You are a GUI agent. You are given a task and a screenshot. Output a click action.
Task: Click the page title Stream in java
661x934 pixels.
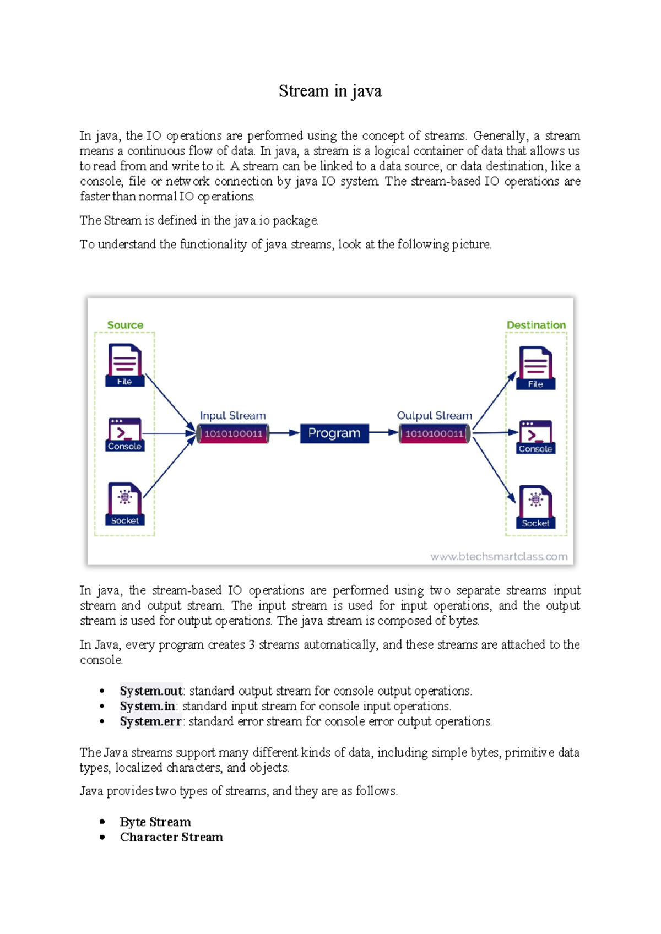pyautogui.click(x=330, y=91)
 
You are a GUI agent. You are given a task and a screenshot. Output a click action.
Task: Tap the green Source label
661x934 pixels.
pyautogui.click(x=125, y=325)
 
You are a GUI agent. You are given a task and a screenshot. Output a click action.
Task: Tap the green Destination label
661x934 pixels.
pyautogui.click(x=536, y=325)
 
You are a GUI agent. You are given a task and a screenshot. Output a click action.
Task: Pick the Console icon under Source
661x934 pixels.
pyautogui.click(x=124, y=434)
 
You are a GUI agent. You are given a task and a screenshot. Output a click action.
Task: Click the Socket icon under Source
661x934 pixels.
pyautogui.click(x=124, y=503)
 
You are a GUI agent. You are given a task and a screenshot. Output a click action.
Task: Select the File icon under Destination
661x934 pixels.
pyautogui.click(x=535, y=367)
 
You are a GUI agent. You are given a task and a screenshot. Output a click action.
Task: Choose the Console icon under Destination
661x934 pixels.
pyautogui.click(x=535, y=437)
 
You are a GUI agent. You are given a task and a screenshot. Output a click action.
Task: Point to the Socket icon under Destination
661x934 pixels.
pyautogui.click(x=535, y=506)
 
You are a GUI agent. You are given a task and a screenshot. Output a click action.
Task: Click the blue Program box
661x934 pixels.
pyautogui.click(x=334, y=433)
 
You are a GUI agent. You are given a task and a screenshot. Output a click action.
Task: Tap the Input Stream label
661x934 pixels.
pyautogui.click(x=232, y=416)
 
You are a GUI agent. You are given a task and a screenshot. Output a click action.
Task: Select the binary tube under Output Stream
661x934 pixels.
pyautogui.click(x=435, y=434)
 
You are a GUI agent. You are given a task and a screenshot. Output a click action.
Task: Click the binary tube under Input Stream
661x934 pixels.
pyautogui.click(x=233, y=434)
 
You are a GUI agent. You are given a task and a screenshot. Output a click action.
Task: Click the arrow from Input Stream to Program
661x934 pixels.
pyautogui.click(x=284, y=433)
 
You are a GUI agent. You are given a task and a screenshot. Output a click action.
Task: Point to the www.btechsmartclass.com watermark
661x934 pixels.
pyautogui.click(x=499, y=556)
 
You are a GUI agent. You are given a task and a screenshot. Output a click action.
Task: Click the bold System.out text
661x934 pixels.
pyautogui.click(x=151, y=691)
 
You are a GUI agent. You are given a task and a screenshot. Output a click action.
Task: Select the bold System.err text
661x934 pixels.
pyautogui.click(x=150, y=721)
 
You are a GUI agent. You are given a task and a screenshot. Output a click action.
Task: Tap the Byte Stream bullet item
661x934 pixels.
pyautogui.click(x=155, y=822)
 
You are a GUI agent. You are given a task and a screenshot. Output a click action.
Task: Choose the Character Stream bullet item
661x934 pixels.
pyautogui.click(x=171, y=837)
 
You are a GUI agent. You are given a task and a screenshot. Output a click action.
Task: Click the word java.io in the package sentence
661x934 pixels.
pyautogui.click(x=252, y=220)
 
